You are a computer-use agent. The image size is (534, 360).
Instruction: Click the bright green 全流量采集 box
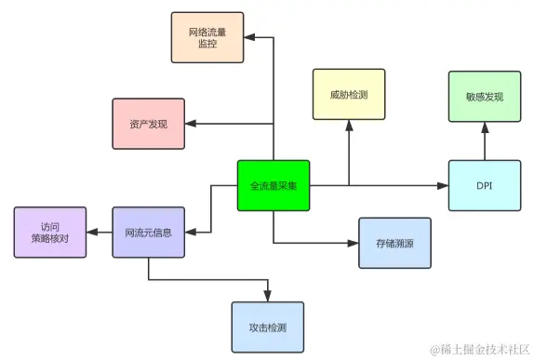tap(274, 186)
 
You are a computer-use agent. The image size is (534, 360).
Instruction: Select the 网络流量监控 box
tap(207, 37)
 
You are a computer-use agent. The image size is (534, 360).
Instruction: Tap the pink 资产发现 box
tap(149, 124)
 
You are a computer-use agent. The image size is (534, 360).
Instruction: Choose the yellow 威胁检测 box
tap(349, 94)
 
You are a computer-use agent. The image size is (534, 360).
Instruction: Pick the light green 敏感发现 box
tap(485, 97)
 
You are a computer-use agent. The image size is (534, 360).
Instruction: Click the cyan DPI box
tap(485, 186)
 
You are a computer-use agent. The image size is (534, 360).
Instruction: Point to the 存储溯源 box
tap(394, 243)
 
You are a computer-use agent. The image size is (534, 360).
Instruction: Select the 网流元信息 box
tap(149, 233)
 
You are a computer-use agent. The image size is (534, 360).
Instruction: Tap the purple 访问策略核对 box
tap(50, 233)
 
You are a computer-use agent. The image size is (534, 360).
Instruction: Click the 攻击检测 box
tap(268, 327)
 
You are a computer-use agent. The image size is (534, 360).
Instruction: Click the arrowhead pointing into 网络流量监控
tap(249, 37)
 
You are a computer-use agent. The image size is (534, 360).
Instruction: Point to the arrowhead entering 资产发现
tap(191, 124)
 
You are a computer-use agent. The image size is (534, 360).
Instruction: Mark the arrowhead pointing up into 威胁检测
tap(349, 126)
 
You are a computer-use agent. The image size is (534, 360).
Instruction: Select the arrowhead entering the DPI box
tap(443, 186)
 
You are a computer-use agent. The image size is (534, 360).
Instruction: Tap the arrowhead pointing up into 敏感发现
tap(485, 128)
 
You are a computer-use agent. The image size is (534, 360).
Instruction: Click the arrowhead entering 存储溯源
tap(353, 243)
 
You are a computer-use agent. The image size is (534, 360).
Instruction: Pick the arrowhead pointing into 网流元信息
tap(191, 233)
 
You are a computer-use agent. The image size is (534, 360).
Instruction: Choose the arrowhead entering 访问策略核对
tap(92, 233)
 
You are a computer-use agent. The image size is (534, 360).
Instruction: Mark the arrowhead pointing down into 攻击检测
tap(268, 296)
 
